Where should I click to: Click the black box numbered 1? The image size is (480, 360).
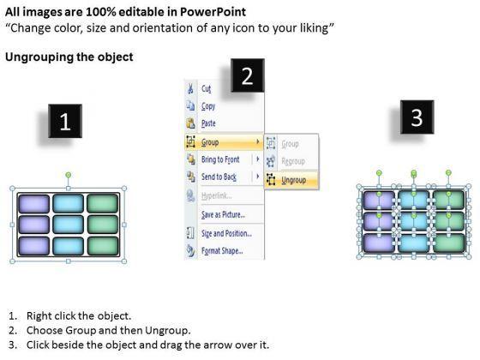[x=65, y=121]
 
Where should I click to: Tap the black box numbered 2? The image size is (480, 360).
[x=248, y=75]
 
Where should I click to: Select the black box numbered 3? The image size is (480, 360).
[x=417, y=117]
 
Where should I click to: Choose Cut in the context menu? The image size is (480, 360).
[x=206, y=89]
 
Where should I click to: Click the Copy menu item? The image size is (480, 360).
[x=208, y=106]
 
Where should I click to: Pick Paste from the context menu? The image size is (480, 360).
[x=208, y=123]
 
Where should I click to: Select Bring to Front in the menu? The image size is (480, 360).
[x=220, y=159]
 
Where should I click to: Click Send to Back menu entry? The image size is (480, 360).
[x=219, y=177]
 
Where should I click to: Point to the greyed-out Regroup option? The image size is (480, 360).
[x=293, y=161]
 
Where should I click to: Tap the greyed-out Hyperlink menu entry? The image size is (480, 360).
[x=216, y=195]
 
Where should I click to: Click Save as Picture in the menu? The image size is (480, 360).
[x=223, y=214]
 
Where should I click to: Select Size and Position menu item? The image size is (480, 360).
[x=226, y=233]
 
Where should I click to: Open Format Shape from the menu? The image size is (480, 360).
[x=222, y=251]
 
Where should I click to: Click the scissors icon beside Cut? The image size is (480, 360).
[x=190, y=88]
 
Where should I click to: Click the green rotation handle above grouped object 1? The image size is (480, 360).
[x=69, y=175]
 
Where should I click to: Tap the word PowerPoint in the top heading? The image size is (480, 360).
[x=213, y=12]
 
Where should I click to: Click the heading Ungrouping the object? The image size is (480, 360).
[x=69, y=57]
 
